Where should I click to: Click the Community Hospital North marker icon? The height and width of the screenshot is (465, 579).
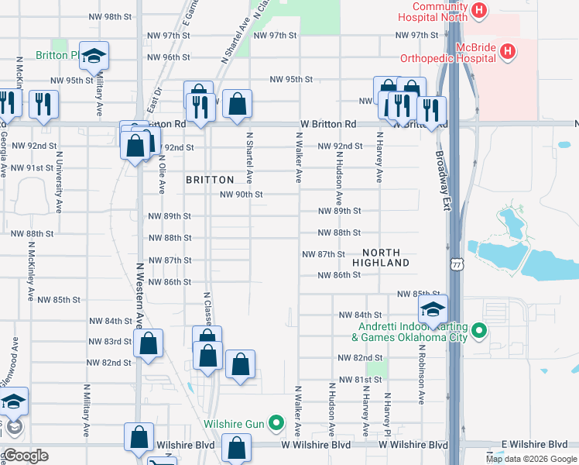(480, 11)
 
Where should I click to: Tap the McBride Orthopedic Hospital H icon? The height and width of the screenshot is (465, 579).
(508, 53)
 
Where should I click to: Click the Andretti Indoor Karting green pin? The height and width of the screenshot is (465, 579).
(479, 331)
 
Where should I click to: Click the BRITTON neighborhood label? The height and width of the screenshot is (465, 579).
(210, 180)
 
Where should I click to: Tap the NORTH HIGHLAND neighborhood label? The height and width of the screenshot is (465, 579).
(381, 258)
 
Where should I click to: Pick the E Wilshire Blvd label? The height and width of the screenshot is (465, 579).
(534, 444)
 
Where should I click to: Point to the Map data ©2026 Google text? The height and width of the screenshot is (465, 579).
(532, 459)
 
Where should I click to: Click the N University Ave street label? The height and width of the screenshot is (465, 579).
(59, 182)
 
